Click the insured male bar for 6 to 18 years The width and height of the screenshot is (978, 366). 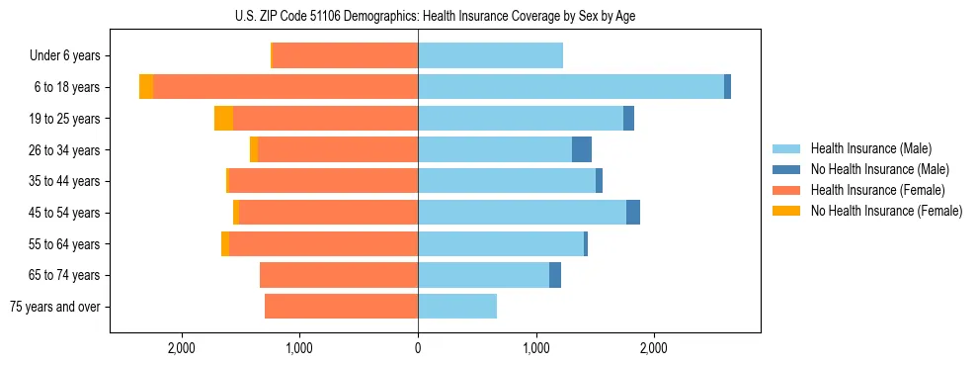pos(570,87)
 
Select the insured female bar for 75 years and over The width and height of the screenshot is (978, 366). pos(341,307)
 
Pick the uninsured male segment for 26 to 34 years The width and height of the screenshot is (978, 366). pos(582,149)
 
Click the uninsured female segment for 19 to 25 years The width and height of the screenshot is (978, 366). pos(223,119)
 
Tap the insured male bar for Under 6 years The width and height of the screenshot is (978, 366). pos(490,56)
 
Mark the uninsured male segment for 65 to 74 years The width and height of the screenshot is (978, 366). pos(555,275)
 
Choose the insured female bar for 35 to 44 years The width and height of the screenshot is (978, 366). pos(323,181)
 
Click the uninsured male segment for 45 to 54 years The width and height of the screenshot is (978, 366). pos(633,213)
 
